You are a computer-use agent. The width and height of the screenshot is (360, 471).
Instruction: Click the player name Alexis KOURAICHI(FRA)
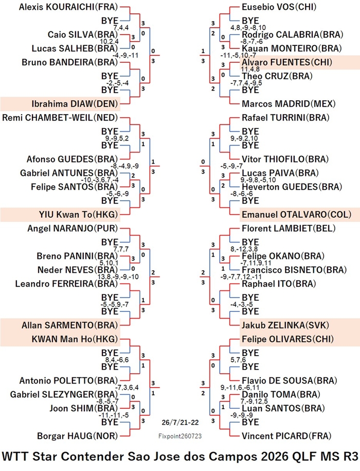pyautogui.click(x=68, y=7)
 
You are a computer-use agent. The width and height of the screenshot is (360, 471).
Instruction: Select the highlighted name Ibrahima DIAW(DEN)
pyautogui.click(x=75, y=104)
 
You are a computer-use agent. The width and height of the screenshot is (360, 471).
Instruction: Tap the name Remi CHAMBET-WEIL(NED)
pyautogui.click(x=60, y=118)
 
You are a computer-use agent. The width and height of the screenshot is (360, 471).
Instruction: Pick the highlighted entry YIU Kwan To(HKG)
pyautogui.click(x=78, y=215)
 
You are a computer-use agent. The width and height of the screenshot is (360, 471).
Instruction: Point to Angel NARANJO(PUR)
pyautogui.click(x=73, y=228)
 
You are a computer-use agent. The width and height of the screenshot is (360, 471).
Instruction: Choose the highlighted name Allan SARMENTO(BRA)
pyautogui.click(x=70, y=325)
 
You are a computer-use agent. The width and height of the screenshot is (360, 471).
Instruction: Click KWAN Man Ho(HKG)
pyautogui.click(x=75, y=339)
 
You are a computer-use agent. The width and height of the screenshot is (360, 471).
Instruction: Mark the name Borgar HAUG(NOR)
pyautogui.click(x=77, y=436)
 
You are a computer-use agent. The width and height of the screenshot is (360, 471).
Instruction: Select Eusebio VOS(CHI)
pyautogui.click(x=279, y=7)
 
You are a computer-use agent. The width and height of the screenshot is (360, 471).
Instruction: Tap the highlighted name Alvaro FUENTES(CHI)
pyautogui.click(x=287, y=62)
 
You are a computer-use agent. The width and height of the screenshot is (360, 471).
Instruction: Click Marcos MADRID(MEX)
pyautogui.click(x=289, y=104)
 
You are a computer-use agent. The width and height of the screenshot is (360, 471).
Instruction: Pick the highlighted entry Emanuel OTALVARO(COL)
pyautogui.click(x=296, y=215)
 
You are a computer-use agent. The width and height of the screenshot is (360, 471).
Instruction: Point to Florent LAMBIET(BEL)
pyautogui.click(x=289, y=228)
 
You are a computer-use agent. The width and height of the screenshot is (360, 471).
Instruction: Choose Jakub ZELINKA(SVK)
pyautogui.click(x=285, y=325)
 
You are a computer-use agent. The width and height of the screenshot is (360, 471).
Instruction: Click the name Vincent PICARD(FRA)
pyautogui.click(x=286, y=436)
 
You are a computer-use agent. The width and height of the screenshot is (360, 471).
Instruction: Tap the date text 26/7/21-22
pyautogui.click(x=180, y=422)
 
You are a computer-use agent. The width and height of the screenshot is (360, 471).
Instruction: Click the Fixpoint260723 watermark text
pyautogui.click(x=180, y=436)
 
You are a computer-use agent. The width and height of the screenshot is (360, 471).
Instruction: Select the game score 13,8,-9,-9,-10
pyautogui.click(x=118, y=276)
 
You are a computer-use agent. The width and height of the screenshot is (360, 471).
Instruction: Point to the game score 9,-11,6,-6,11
pyautogui.click(x=240, y=388)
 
